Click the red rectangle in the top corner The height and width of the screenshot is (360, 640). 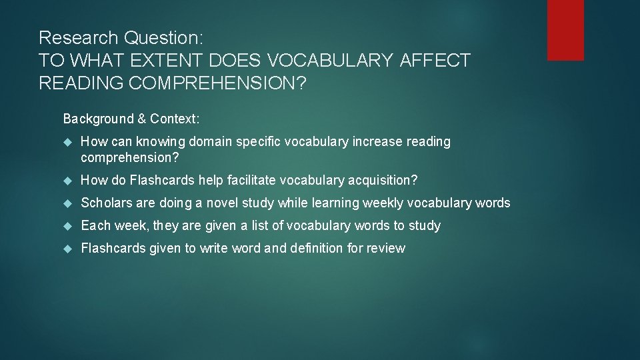[565, 30]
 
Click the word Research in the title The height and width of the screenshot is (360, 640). [75, 37]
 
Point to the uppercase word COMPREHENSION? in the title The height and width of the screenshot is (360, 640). [223, 83]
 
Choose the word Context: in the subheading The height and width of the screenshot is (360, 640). [175, 119]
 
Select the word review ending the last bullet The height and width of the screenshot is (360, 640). [388, 248]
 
